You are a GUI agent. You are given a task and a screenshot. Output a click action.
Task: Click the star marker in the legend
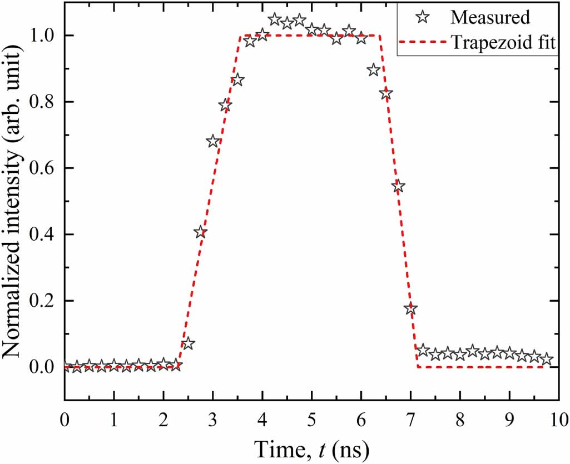tap(424, 17)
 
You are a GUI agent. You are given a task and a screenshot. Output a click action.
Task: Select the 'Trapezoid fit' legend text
tap(503, 43)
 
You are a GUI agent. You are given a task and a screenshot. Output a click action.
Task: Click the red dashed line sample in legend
tap(424, 43)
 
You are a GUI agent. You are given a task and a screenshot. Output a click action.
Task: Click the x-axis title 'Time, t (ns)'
tap(311, 447)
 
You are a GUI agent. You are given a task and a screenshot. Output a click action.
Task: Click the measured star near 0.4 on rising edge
tap(200, 232)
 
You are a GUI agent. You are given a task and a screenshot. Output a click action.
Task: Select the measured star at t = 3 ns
tap(213, 141)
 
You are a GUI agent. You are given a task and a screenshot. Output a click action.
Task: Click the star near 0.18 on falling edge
tap(411, 309)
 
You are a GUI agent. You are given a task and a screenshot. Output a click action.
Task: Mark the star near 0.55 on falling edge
tap(398, 186)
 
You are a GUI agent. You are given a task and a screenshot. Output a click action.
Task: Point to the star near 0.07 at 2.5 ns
tap(188, 343)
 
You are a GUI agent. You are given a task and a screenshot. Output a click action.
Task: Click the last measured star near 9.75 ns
tap(547, 359)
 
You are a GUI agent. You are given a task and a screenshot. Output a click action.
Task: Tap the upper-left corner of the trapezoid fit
tap(240, 36)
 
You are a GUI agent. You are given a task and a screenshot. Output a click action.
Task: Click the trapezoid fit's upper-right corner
tap(380, 36)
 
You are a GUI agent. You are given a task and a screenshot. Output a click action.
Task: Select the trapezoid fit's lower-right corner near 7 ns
tap(417, 367)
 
